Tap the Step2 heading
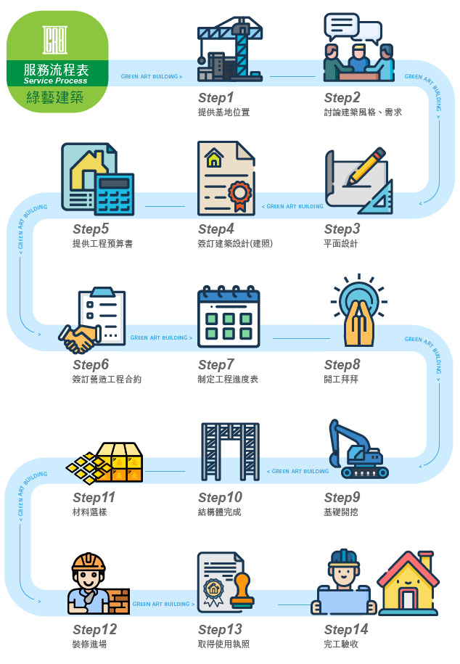[x=342, y=98]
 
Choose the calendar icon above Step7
[x=229, y=316]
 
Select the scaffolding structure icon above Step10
[x=230, y=451]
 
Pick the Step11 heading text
[x=94, y=498]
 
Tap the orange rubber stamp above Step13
[x=242, y=591]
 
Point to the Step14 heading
[x=345, y=629]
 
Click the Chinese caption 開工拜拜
[x=341, y=379]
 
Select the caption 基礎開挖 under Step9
[x=341, y=512]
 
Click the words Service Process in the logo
[x=55, y=81]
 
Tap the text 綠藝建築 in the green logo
[x=55, y=97]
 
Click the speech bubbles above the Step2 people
[x=353, y=28]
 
